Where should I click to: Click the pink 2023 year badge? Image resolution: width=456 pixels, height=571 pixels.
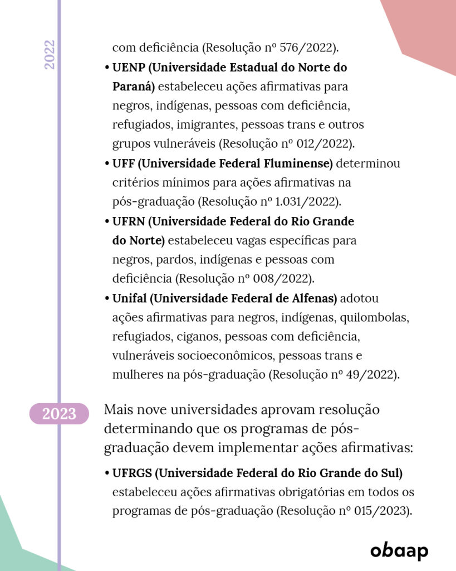pyautogui.click(x=59, y=414)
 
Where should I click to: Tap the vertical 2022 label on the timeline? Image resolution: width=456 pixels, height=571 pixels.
pyautogui.click(x=50, y=55)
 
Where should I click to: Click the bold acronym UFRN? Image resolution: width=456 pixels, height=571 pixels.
pyautogui.click(x=129, y=221)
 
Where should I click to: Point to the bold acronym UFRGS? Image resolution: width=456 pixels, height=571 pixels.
pyautogui.click(x=132, y=473)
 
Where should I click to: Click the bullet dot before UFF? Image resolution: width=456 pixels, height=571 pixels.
pyautogui.click(x=107, y=164)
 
